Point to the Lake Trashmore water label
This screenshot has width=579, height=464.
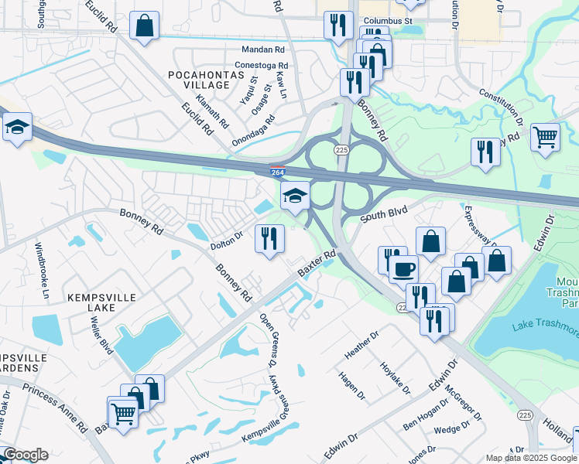(546, 329)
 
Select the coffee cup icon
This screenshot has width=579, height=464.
(403, 269)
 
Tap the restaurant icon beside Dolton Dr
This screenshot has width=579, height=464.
(269, 238)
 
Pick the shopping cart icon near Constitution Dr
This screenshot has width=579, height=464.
(546, 137)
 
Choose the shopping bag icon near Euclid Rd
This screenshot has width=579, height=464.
(145, 26)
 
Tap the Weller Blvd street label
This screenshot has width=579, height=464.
(98, 345)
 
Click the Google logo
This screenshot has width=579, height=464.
(26, 455)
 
